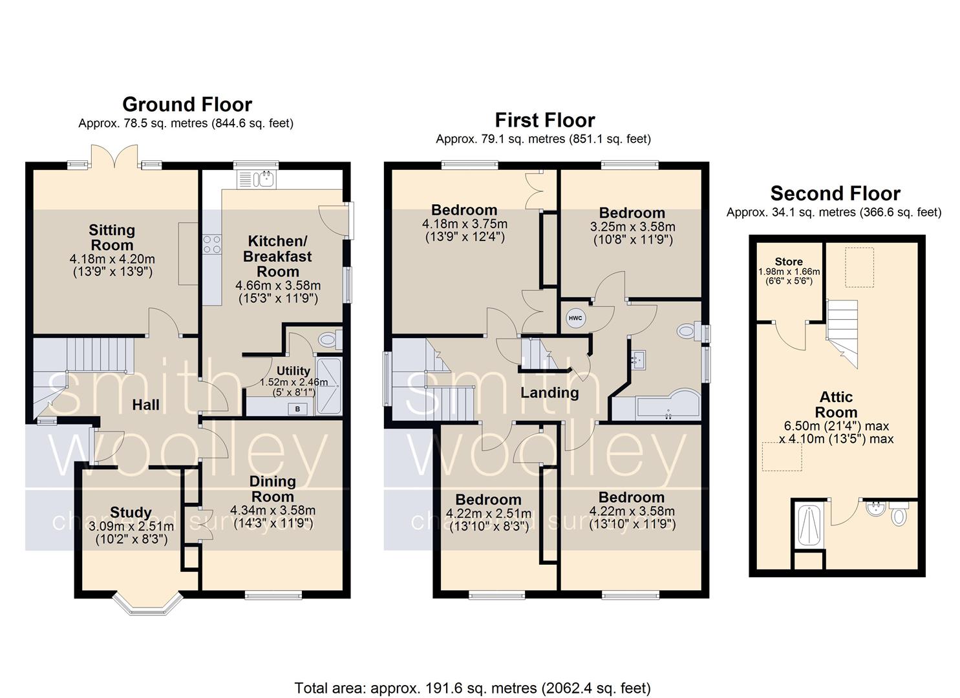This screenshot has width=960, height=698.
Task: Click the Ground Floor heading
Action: (187, 105)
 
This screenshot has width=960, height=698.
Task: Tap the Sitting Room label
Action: (112, 237)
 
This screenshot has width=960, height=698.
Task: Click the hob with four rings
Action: (212, 244)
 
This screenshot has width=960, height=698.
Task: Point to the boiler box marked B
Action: (297, 409)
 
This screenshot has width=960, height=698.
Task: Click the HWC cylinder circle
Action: (575, 318)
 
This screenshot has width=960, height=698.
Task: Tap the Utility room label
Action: (293, 370)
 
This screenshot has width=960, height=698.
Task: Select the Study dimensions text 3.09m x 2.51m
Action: (131, 525)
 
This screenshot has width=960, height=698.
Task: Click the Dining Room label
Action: (273, 489)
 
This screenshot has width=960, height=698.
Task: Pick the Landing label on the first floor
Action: (549, 392)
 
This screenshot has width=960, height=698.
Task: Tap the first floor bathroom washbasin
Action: (637, 359)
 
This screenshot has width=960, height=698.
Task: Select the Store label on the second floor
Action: (789, 261)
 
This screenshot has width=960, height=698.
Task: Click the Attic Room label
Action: (836, 405)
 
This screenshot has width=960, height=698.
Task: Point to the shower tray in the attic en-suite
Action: (809, 525)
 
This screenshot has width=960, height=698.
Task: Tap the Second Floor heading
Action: (835, 194)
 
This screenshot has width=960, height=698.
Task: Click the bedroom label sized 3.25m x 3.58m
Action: (632, 213)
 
